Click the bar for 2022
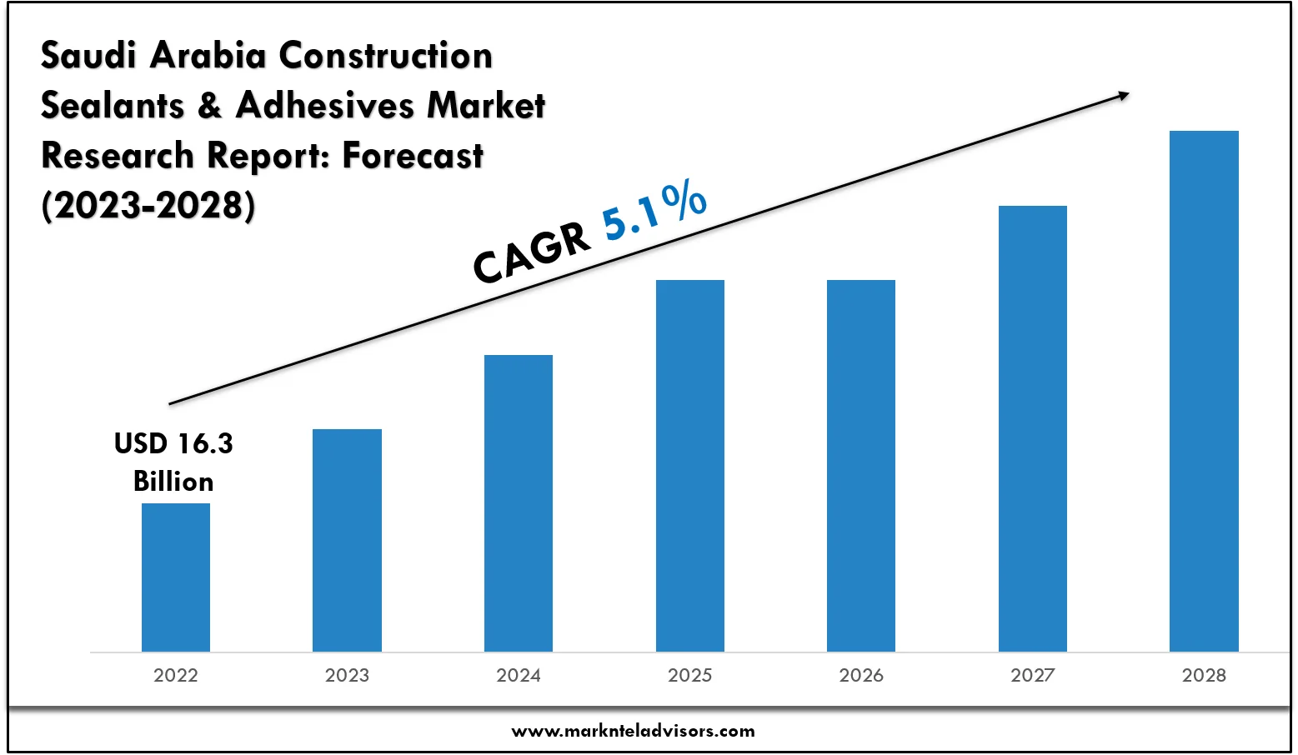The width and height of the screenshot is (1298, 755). (x=176, y=577)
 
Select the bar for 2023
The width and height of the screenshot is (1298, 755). (x=347, y=540)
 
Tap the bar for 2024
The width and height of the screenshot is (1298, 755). (x=519, y=502)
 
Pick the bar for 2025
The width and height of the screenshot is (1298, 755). (x=690, y=465)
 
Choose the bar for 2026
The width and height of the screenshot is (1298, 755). (x=861, y=465)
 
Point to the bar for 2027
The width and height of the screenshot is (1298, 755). (x=1033, y=428)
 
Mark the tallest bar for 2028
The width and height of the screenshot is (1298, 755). (x=1204, y=391)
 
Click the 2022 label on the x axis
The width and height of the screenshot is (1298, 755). (x=176, y=675)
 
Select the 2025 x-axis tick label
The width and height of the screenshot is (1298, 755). (x=690, y=675)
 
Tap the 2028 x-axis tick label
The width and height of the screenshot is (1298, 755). (x=1204, y=675)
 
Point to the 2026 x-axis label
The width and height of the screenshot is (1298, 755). (x=861, y=675)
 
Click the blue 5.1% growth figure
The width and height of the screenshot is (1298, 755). (x=655, y=212)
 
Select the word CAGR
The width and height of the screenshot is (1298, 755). (x=532, y=253)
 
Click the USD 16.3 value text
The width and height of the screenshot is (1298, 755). (x=173, y=443)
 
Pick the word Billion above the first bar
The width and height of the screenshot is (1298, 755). (x=173, y=482)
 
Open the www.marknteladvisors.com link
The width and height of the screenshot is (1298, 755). (x=633, y=732)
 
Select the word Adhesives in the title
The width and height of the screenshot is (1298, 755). (x=325, y=106)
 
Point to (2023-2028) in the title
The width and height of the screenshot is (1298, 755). (x=148, y=206)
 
